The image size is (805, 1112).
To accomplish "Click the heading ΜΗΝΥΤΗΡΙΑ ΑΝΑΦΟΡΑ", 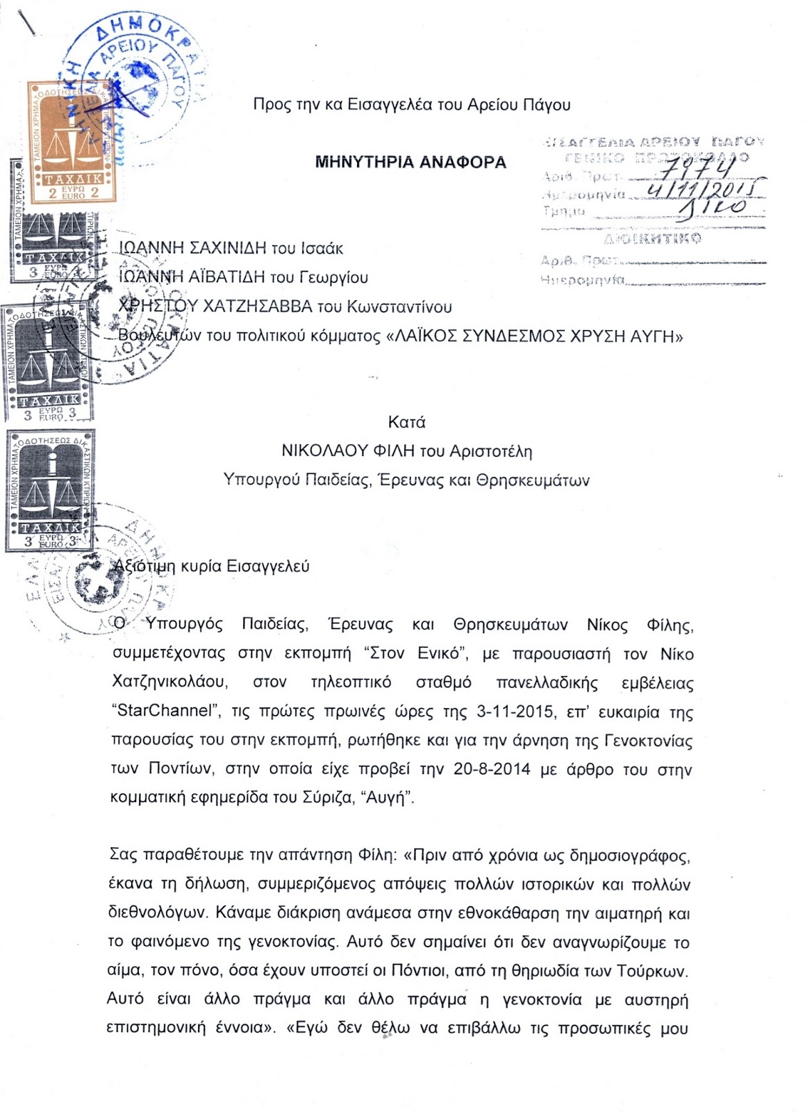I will tap(410, 163).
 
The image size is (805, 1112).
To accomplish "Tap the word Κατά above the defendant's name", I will tap(406, 422).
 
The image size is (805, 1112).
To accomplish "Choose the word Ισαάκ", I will tap(322, 248).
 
